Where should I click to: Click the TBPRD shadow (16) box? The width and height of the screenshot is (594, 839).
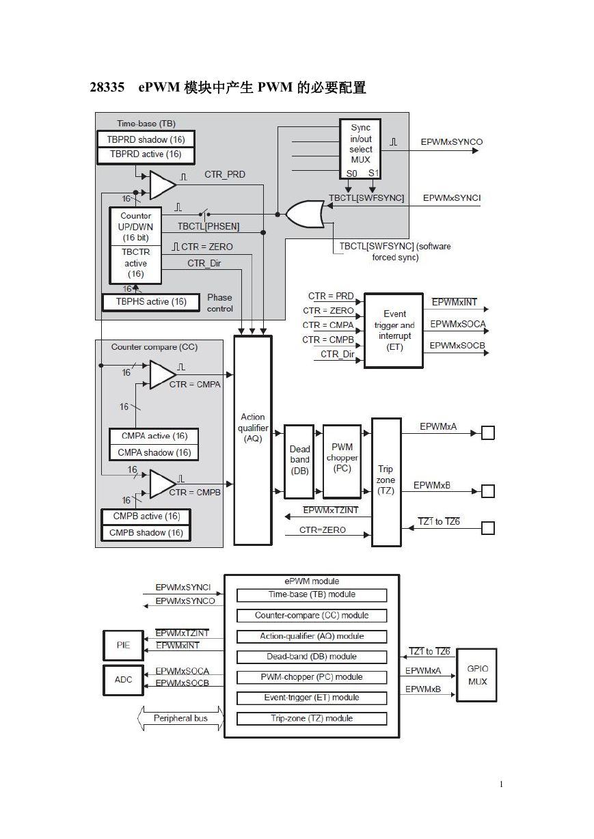pyautogui.click(x=146, y=139)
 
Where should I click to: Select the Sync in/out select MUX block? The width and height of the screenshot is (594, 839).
pyautogui.click(x=360, y=149)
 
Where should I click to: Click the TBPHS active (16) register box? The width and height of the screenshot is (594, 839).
pyautogui.click(x=150, y=302)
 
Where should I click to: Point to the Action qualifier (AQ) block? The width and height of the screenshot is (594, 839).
pyautogui.click(x=253, y=441)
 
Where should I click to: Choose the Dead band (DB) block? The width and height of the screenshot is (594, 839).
pyautogui.click(x=299, y=461)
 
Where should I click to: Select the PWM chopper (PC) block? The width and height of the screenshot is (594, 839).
pyautogui.click(x=342, y=461)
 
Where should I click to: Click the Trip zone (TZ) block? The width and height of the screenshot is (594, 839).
pyautogui.click(x=386, y=482)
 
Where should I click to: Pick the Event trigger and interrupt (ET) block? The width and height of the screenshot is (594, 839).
pyautogui.click(x=394, y=331)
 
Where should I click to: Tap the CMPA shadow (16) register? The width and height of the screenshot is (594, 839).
pyautogui.click(x=154, y=452)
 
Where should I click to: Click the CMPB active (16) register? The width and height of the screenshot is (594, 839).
pyautogui.click(x=146, y=517)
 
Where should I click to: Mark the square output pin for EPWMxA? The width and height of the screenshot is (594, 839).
pyautogui.click(x=488, y=433)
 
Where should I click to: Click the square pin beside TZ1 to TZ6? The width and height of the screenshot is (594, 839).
pyautogui.click(x=488, y=528)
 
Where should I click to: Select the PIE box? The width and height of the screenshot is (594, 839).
pyautogui.click(x=123, y=646)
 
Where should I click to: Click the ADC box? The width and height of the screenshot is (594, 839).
pyautogui.click(x=123, y=680)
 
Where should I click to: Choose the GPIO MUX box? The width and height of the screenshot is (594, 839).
pyautogui.click(x=477, y=675)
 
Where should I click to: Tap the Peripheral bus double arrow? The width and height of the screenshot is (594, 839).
pyautogui.click(x=180, y=718)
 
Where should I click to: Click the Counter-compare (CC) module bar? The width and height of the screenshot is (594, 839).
pyautogui.click(x=312, y=616)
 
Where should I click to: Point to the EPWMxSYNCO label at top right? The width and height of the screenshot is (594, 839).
pyautogui.click(x=452, y=142)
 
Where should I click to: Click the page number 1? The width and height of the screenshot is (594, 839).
pyautogui.click(x=502, y=784)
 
